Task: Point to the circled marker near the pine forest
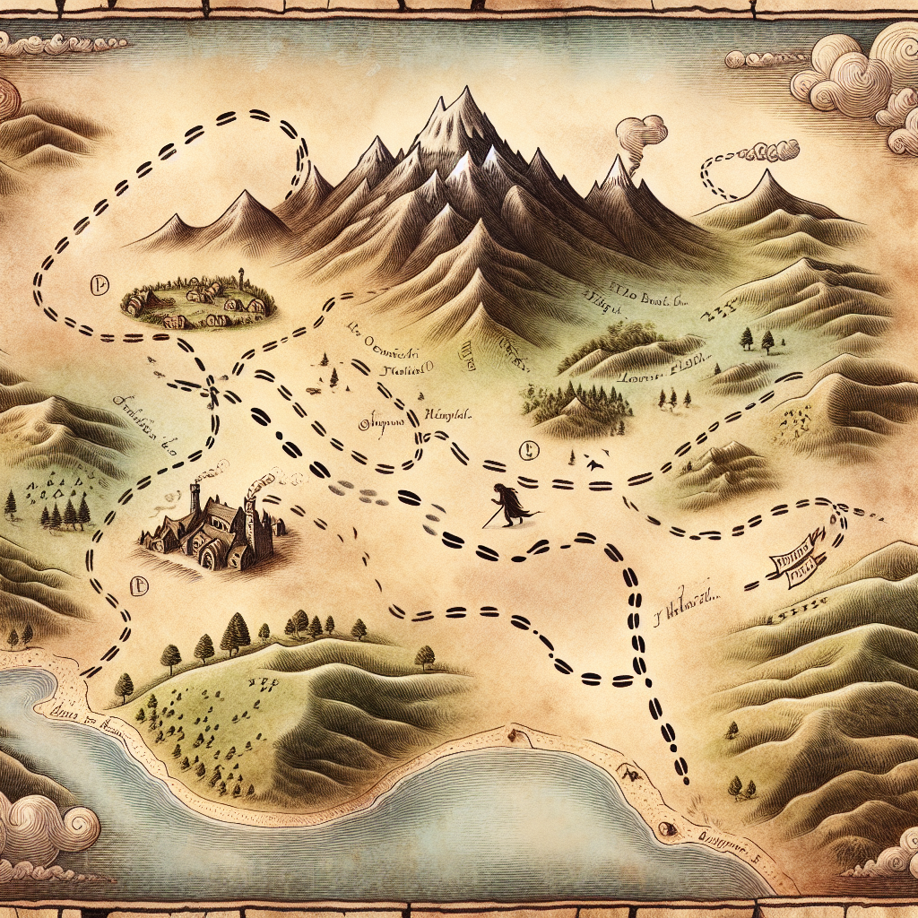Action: tap(526, 451)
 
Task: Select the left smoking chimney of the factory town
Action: tap(195, 491)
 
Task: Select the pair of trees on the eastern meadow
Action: tap(756, 340)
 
